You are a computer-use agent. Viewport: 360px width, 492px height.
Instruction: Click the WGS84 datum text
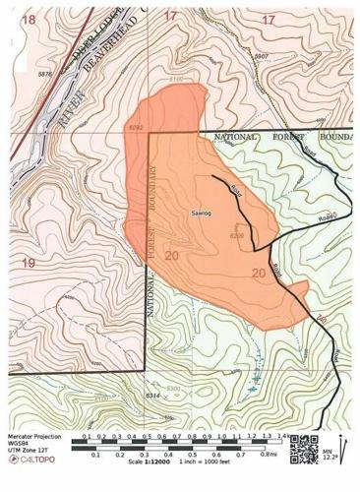pyautogui.click(x=19, y=442)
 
